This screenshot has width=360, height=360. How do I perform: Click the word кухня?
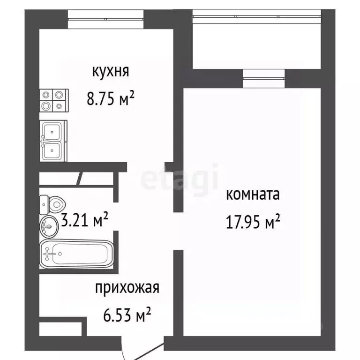coord(110,72)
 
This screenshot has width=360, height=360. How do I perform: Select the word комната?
coord(253,195)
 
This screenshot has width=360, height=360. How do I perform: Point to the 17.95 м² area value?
coord(253,221)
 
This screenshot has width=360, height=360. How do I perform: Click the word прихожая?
coord(127,287)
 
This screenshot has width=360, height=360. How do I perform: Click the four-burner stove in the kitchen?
coord(53,100)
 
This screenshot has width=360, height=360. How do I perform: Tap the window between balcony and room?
coord(264,78)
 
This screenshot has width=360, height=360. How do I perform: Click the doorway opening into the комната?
coord(179,230)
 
